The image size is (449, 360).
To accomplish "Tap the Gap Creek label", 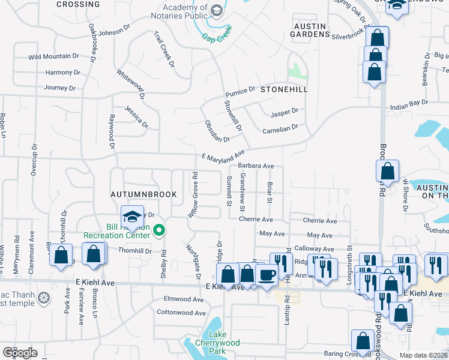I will [x=216, y=37].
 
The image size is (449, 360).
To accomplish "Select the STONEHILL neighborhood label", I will [x=284, y=89].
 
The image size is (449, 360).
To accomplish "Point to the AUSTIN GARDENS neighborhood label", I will [x=309, y=30].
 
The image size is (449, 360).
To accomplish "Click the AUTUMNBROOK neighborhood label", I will [x=143, y=194].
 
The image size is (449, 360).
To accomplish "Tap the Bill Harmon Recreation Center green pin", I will [x=159, y=230].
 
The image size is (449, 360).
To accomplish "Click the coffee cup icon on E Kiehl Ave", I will [x=266, y=274].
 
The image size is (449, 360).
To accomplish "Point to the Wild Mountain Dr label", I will [x=53, y=58].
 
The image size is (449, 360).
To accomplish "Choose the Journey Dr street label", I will [x=60, y=88].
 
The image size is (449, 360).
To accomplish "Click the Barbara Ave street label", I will [x=256, y=166].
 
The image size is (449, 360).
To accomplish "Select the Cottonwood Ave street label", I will [x=181, y=313].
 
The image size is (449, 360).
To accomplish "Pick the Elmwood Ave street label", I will [x=184, y=299].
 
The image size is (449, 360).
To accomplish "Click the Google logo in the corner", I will [x=20, y=352].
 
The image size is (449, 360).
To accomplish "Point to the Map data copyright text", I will [x=423, y=355].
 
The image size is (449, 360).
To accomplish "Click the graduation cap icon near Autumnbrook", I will [x=131, y=217].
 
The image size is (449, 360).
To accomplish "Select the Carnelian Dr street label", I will [x=280, y=129].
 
